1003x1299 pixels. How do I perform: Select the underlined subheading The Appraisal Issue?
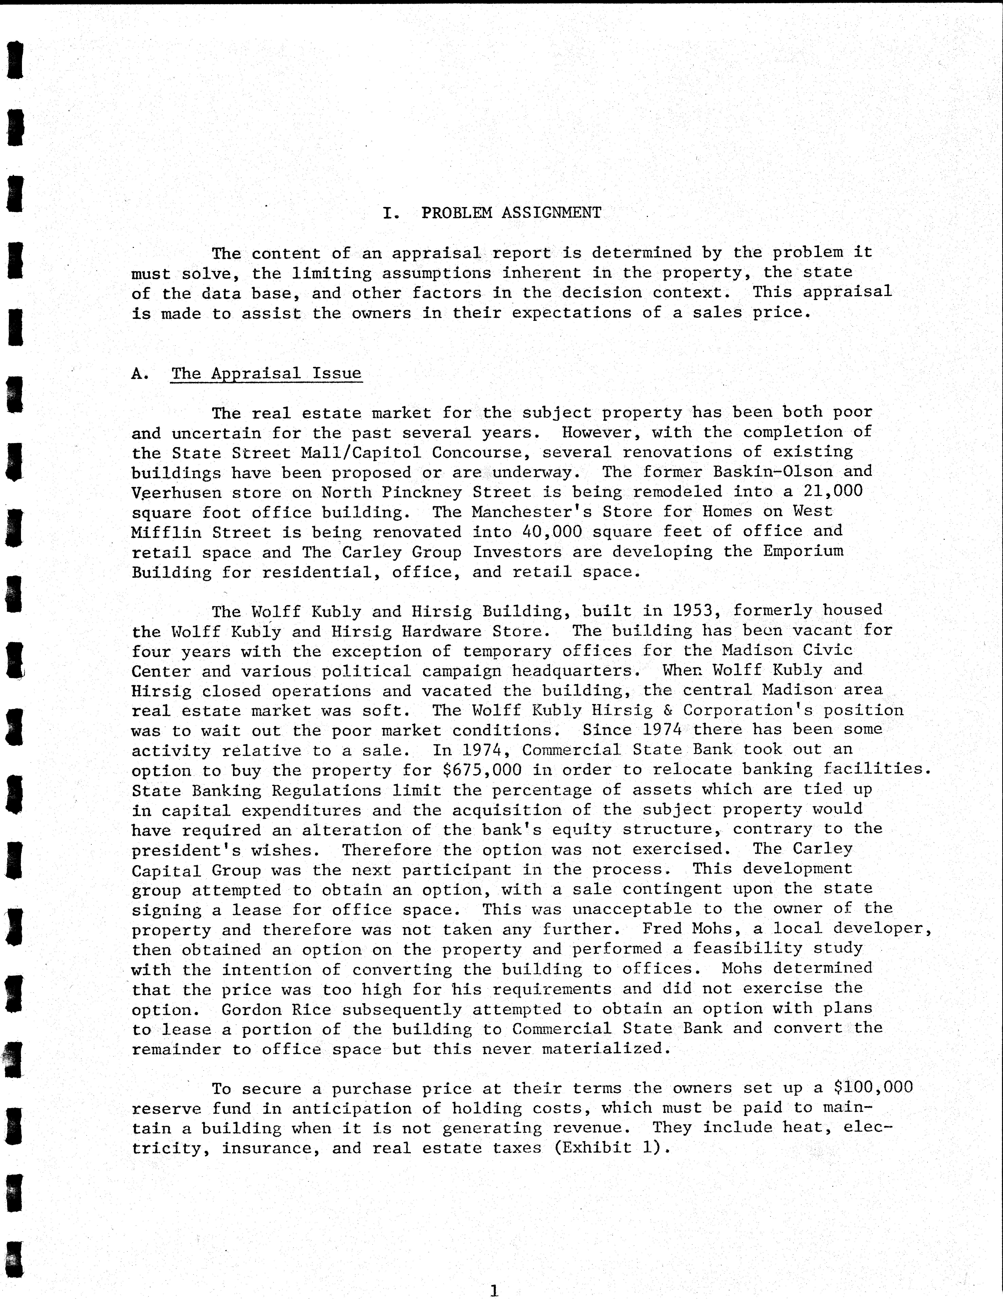coord(266,373)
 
